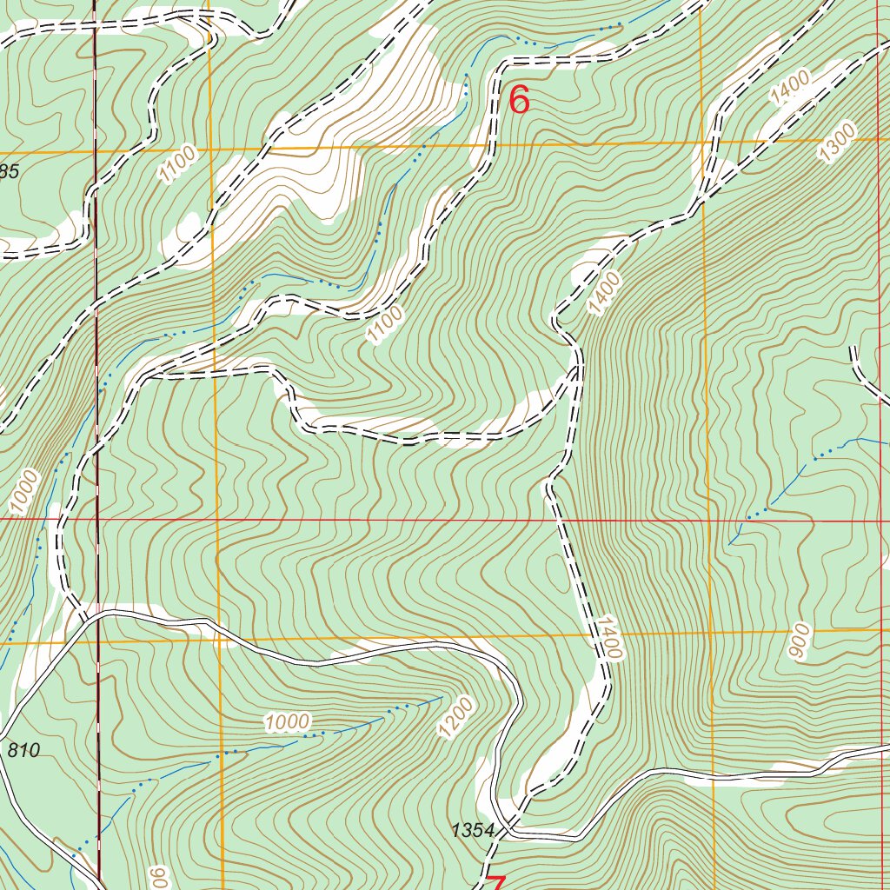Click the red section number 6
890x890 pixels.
pyautogui.click(x=519, y=101)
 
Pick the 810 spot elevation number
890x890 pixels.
pyautogui.click(x=23, y=749)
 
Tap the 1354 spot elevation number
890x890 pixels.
pyautogui.click(x=472, y=831)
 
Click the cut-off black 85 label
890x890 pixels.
pyautogui.click(x=9, y=171)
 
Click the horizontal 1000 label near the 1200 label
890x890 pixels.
pyautogui.click(x=288, y=721)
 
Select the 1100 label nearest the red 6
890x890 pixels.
pyautogui.click(x=385, y=323)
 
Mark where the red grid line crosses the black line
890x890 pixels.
pyautogui.click(x=97, y=520)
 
